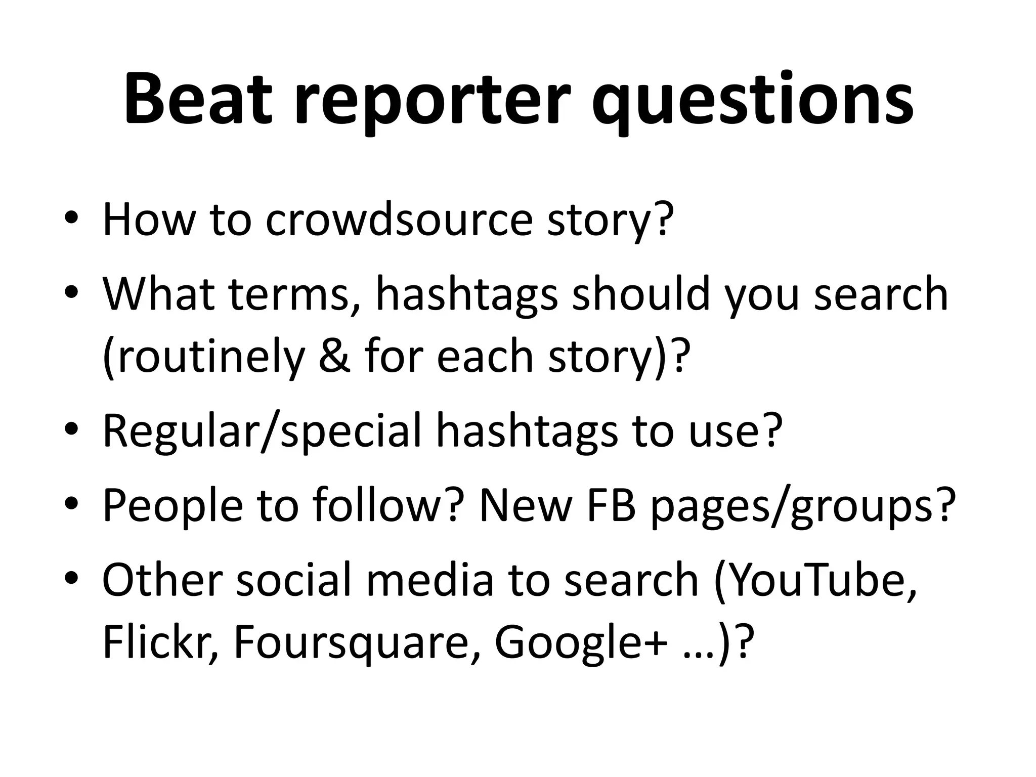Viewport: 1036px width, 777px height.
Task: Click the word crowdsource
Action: (x=399, y=220)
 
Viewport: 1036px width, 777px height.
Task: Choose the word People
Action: (x=172, y=506)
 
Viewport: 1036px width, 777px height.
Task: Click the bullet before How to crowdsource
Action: (x=72, y=218)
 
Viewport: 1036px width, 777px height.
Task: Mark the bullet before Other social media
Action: (x=72, y=577)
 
